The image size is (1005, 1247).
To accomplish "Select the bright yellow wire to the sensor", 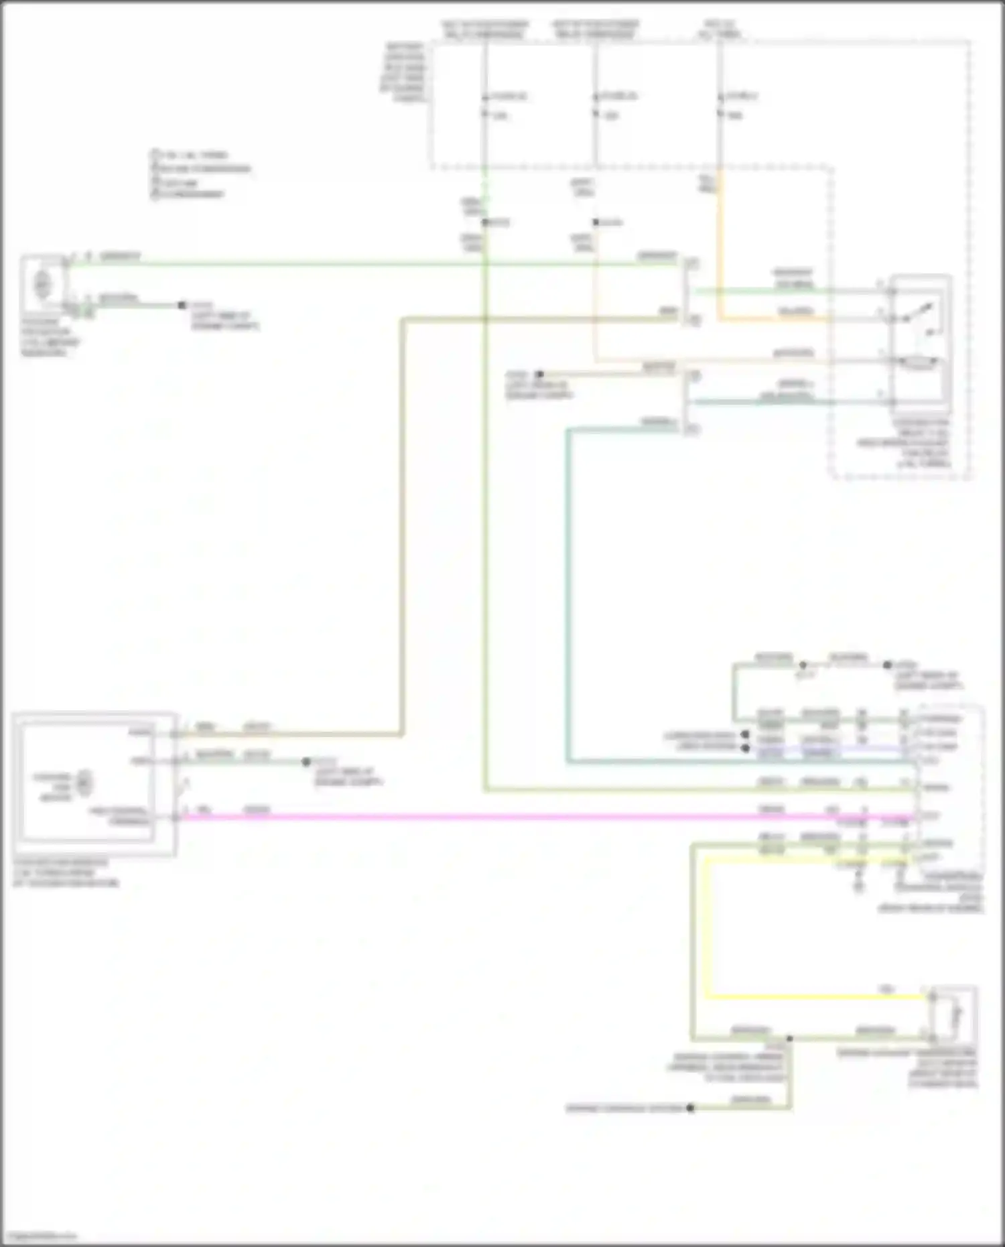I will [x=804, y=997].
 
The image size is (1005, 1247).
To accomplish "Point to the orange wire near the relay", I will [x=770, y=319].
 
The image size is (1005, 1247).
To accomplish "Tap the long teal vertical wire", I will [x=568, y=603].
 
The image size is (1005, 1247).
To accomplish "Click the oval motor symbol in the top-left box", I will [x=42, y=284].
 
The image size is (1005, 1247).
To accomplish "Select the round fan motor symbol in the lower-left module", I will [x=84, y=783].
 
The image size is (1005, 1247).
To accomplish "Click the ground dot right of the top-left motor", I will [x=182, y=306].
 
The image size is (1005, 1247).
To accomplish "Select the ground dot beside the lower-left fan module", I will [x=306, y=762].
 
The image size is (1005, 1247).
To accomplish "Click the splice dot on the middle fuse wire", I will [x=595, y=222].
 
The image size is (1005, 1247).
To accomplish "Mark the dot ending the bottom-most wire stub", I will [x=690, y=1108].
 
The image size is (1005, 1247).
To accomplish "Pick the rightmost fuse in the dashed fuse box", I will [x=720, y=105].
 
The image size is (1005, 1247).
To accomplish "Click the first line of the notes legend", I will [x=191, y=155].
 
